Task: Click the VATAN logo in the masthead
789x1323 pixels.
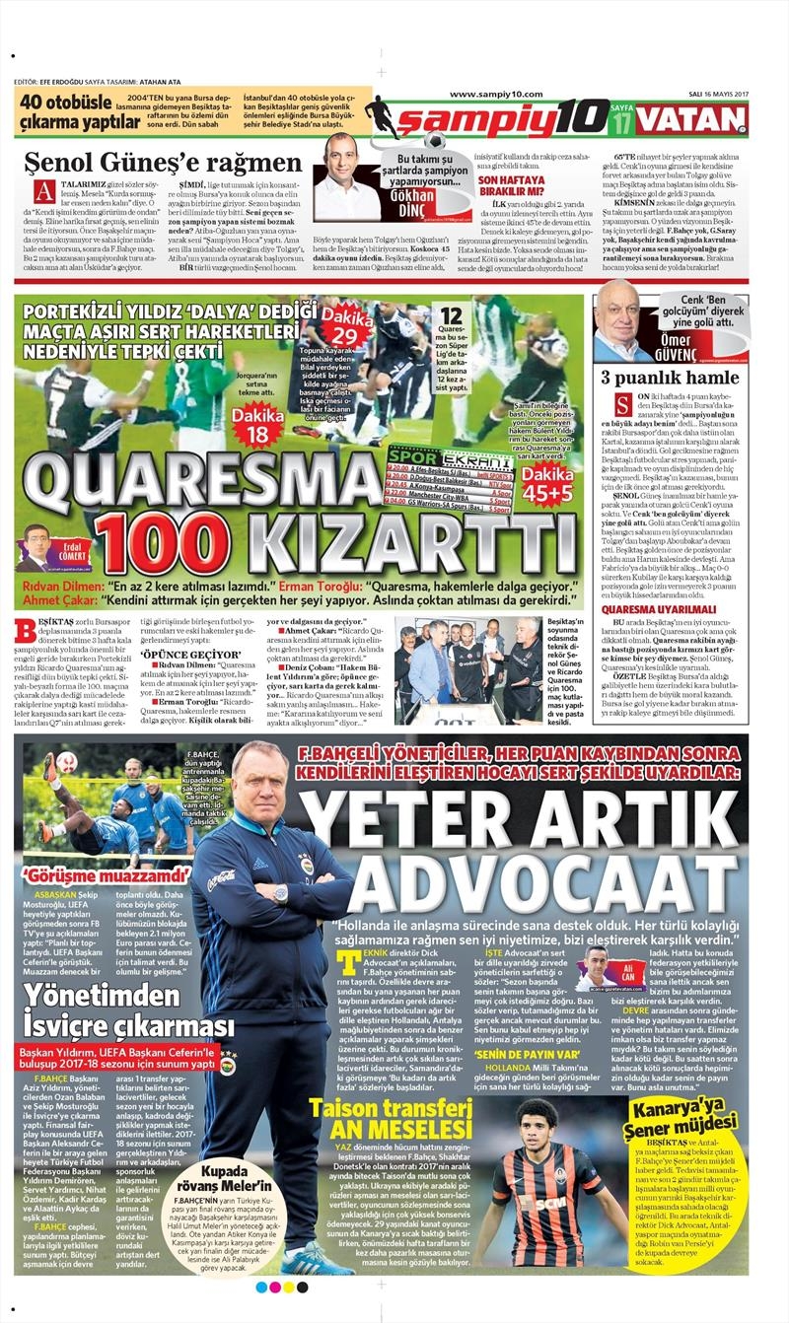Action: point(693,119)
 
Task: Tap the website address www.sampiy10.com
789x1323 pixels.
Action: point(497,95)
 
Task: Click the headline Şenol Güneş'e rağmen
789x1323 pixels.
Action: point(163,162)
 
